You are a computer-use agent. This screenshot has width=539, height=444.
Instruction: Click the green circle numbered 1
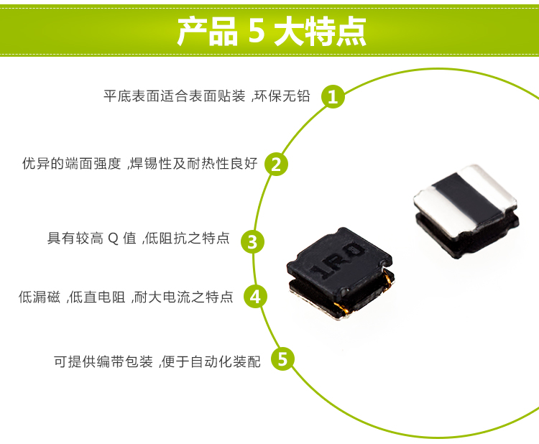coord(332,96)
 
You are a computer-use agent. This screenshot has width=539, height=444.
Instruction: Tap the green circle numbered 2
coord(276,164)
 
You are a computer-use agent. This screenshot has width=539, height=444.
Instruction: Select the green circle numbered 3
coord(252,241)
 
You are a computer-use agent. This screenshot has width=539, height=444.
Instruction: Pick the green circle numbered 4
coord(256,296)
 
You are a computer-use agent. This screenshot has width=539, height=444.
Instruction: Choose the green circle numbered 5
coord(282,359)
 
